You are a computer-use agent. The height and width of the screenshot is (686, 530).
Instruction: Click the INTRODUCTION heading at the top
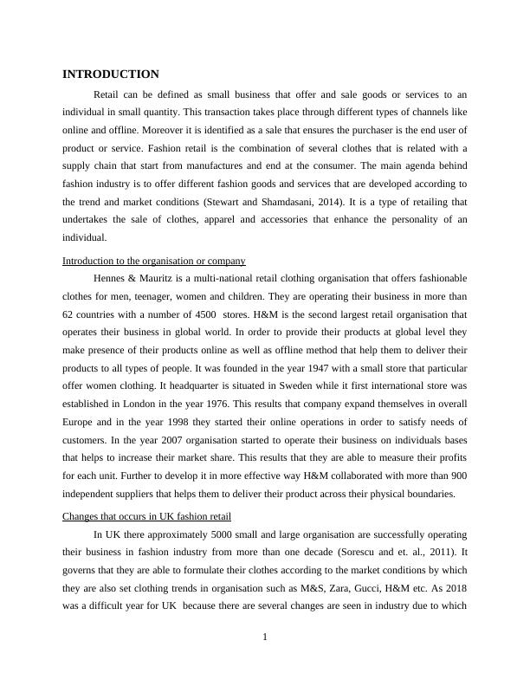111,74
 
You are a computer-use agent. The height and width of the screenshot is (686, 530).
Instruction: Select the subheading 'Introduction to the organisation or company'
154,261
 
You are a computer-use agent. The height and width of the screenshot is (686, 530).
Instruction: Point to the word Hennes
111,278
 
